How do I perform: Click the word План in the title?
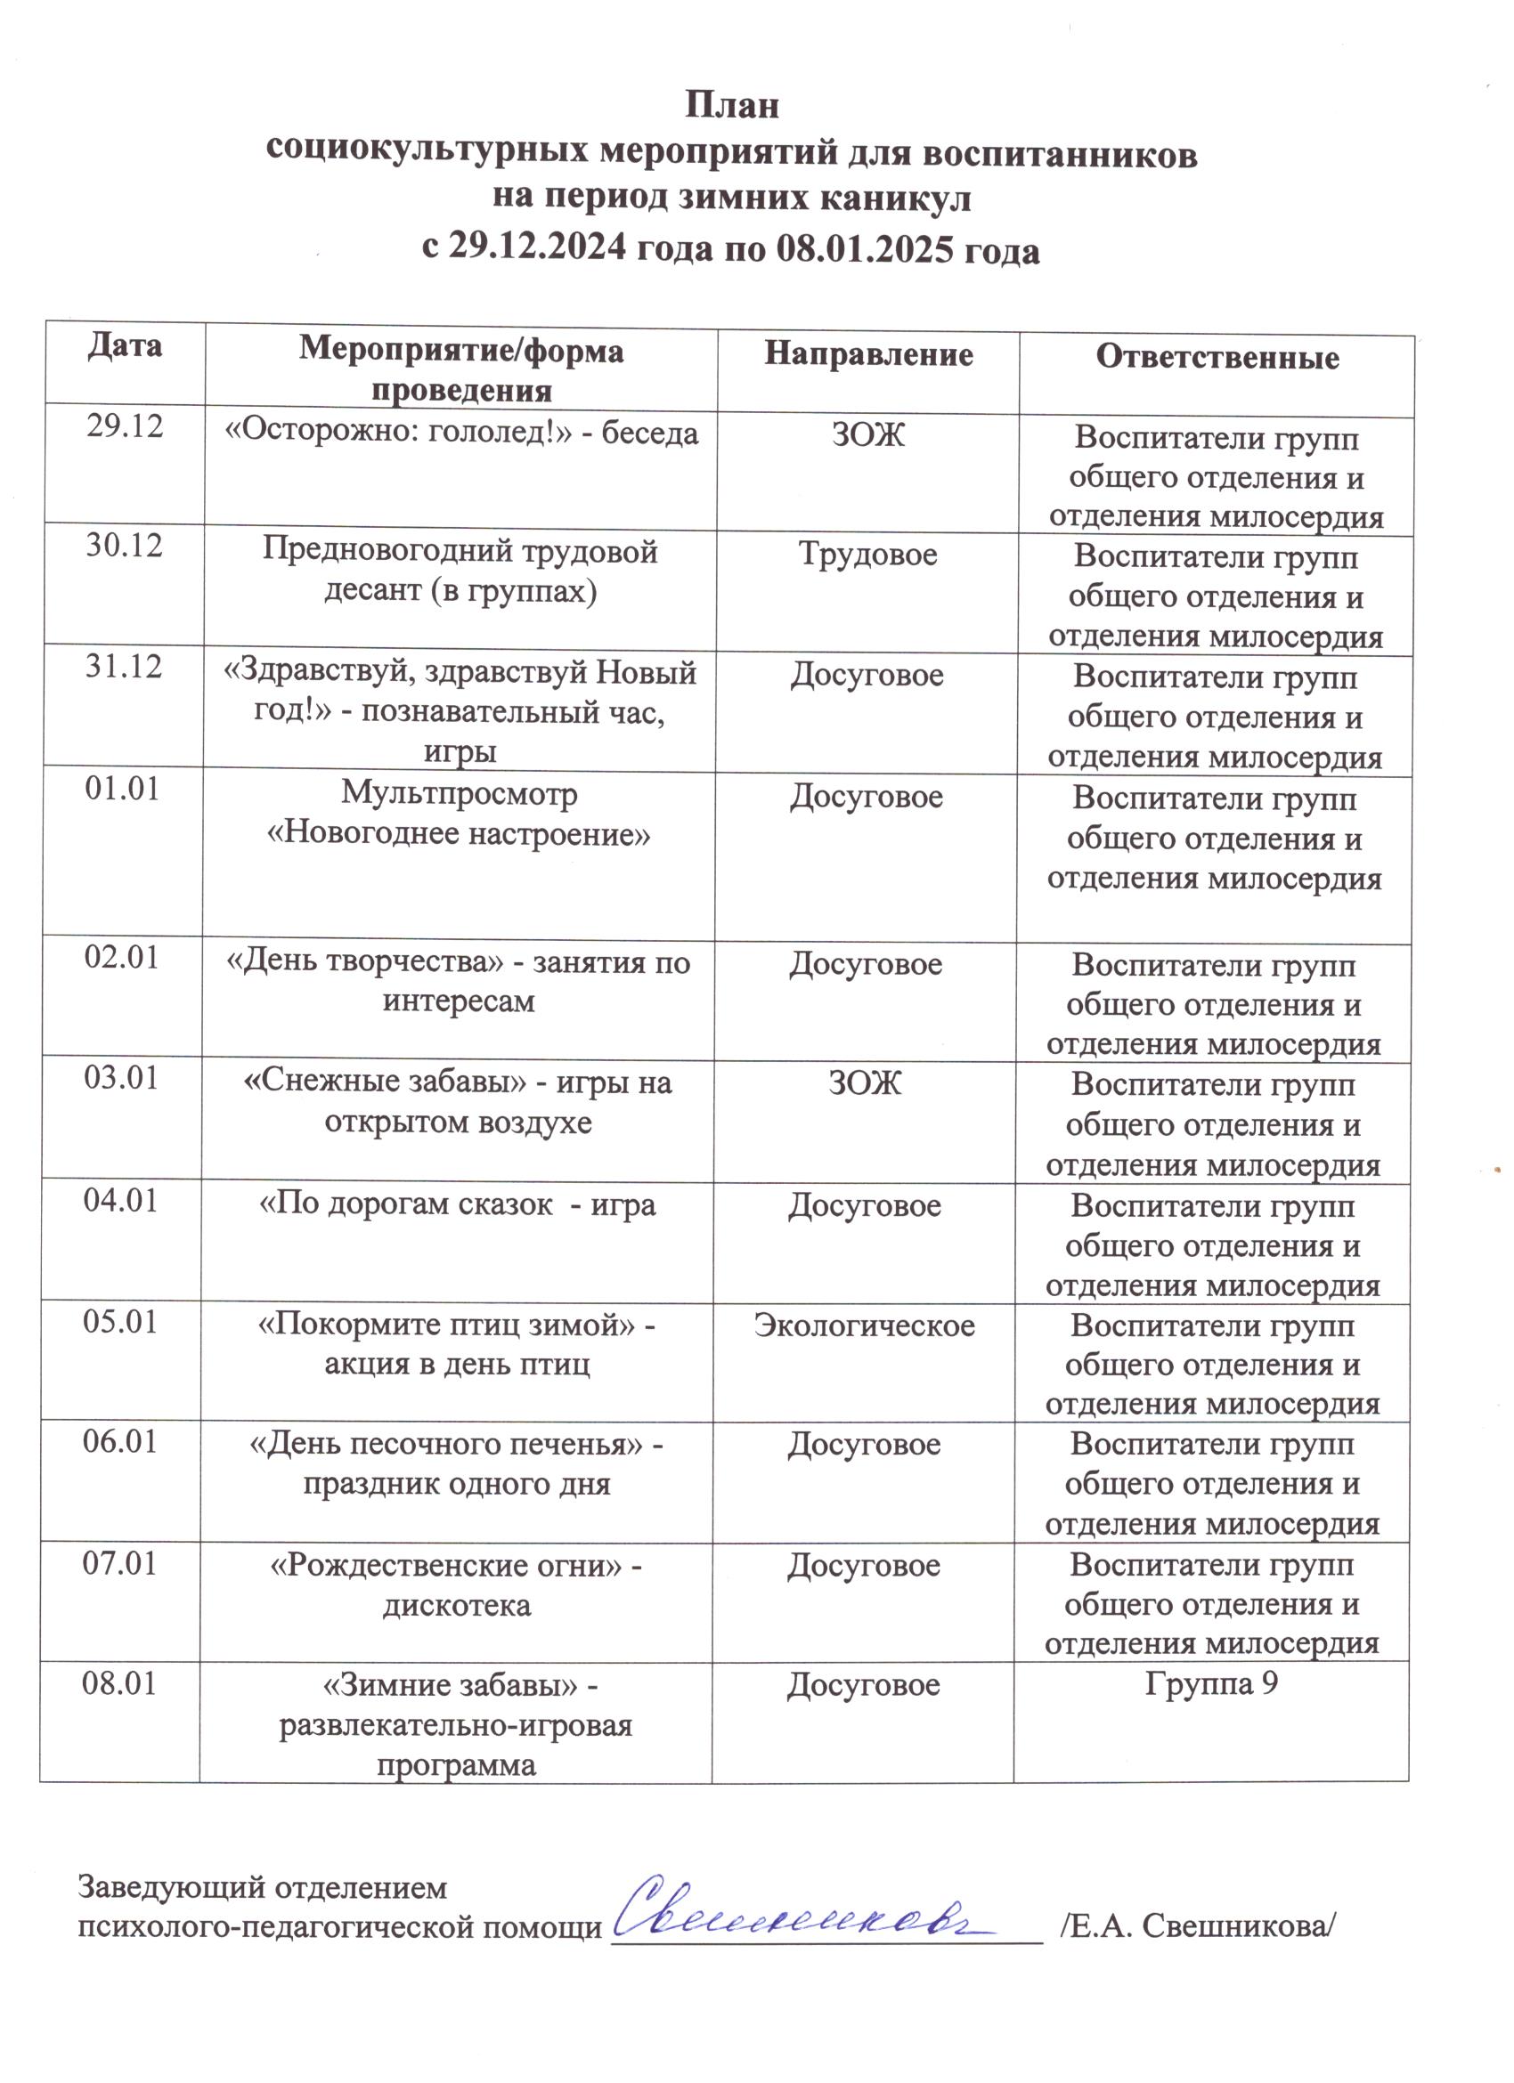(x=732, y=106)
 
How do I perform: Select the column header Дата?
(x=125, y=345)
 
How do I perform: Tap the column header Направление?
(x=868, y=354)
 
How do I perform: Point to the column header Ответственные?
(x=1217, y=357)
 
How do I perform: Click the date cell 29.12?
(x=125, y=426)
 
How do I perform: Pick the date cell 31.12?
(x=124, y=666)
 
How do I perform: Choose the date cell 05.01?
(x=121, y=1322)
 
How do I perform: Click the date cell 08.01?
(x=119, y=1683)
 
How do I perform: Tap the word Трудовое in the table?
(x=868, y=554)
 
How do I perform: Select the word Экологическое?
(x=865, y=1325)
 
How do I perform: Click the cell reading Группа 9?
(x=1211, y=1683)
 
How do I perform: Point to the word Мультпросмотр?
(x=460, y=792)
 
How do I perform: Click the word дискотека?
(x=457, y=1604)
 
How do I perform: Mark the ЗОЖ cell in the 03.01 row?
(x=865, y=1082)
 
